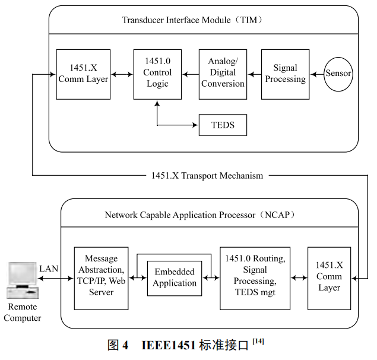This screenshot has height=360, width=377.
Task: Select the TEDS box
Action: (x=223, y=125)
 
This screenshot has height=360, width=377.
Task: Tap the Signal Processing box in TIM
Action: (x=285, y=74)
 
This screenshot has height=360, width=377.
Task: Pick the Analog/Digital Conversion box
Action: (x=223, y=74)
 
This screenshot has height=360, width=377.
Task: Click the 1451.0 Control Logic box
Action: (x=157, y=74)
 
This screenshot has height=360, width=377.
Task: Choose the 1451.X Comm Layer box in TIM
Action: (x=83, y=74)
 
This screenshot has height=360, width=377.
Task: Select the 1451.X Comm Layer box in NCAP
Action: (x=329, y=278)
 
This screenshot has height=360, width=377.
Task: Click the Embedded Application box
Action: (x=175, y=278)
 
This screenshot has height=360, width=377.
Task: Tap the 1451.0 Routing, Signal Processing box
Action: (x=255, y=278)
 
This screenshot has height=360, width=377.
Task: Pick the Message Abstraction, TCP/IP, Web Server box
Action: (x=101, y=278)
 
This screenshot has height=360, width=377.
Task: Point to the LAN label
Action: (x=49, y=269)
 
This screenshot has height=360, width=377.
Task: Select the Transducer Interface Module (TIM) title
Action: (x=192, y=20)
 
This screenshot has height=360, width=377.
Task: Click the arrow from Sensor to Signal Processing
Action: (x=317, y=74)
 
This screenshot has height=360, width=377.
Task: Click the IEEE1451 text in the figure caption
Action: (x=169, y=346)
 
